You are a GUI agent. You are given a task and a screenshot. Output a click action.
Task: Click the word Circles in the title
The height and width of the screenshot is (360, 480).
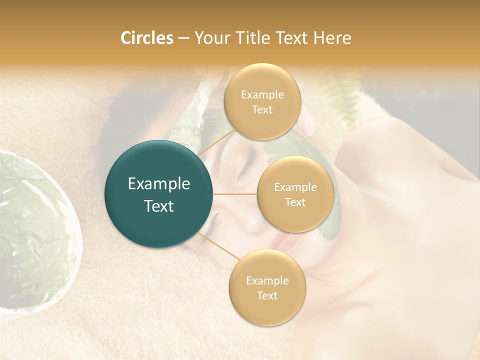pyautogui.click(x=146, y=38)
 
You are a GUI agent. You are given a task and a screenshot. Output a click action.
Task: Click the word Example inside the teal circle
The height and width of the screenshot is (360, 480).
pyautogui.click(x=159, y=184)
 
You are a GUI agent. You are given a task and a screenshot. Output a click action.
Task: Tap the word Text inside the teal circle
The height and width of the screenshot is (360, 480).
pyautogui.click(x=159, y=206)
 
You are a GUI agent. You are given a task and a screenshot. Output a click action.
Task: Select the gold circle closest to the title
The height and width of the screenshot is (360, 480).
pyautogui.click(x=262, y=101)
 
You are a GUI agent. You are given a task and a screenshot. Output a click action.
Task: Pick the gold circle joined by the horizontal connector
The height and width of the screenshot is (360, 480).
pyautogui.click(x=295, y=194)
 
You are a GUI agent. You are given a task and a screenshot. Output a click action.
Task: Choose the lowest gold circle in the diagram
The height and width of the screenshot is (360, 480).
pyautogui.click(x=267, y=287)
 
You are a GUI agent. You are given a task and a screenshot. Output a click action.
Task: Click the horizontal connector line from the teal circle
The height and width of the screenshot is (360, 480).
pyautogui.click(x=235, y=194)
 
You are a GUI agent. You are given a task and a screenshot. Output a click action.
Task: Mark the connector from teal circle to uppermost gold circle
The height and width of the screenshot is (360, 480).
pyautogui.click(x=216, y=142)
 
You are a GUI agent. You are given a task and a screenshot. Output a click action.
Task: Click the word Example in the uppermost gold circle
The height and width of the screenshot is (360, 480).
pyautogui.click(x=262, y=94)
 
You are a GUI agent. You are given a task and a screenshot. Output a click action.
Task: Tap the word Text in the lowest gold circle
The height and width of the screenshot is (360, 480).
pyautogui.click(x=267, y=295)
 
